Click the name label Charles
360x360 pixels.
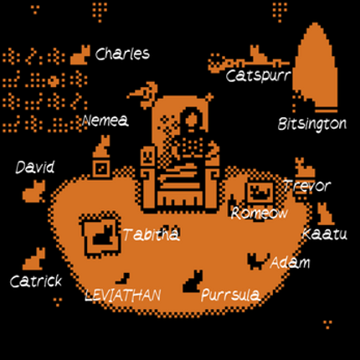pyautogui.click(x=122, y=54)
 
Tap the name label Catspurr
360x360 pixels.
pyautogui.click(x=259, y=75)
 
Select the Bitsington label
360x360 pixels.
pyautogui.click(x=312, y=124)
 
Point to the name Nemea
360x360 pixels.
pyautogui.click(x=105, y=121)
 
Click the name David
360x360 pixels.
pyautogui.click(x=35, y=167)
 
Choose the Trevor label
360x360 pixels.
pyautogui.click(x=307, y=186)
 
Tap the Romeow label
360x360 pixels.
pyautogui.click(x=259, y=213)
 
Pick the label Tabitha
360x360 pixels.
pyautogui.click(x=151, y=234)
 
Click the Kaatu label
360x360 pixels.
pyautogui.click(x=325, y=234)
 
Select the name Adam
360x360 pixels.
pyautogui.click(x=290, y=262)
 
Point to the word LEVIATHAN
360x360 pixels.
pyautogui.click(x=123, y=296)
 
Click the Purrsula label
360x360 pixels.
pyautogui.click(x=230, y=295)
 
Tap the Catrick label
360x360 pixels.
pyautogui.click(x=36, y=281)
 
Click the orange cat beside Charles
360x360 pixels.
pyautogui.click(x=80, y=55)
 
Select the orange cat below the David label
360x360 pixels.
pyautogui.click(x=34, y=192)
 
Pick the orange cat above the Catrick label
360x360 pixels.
pyautogui.click(x=34, y=259)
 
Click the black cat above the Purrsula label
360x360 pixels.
pyautogui.click(x=193, y=281)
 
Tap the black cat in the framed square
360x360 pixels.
pyautogui.click(x=103, y=235)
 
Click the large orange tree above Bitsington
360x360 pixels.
pyautogui.click(x=315, y=68)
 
